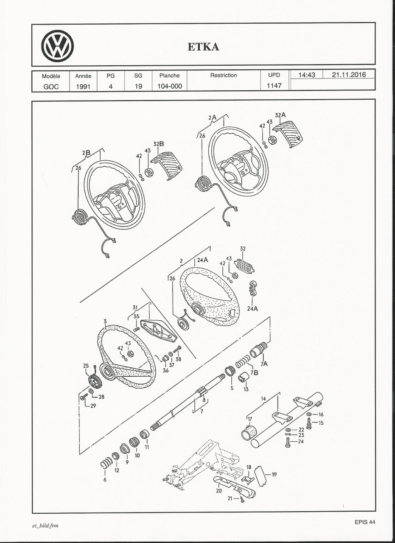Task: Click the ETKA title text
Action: (203, 47)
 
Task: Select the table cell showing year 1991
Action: (83, 84)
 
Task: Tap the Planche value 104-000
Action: (169, 84)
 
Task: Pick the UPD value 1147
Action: (274, 84)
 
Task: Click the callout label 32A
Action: (280, 115)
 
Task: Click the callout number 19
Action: (274, 475)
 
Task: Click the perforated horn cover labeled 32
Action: (245, 266)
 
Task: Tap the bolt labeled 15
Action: (309, 423)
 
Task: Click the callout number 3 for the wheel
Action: (104, 322)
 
